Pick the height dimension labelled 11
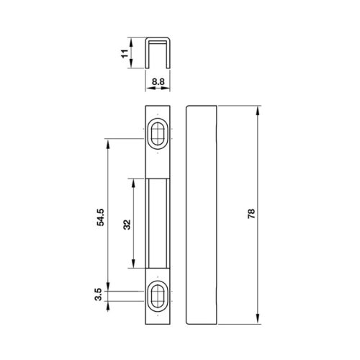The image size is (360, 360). tap(125, 53)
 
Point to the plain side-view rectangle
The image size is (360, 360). tap(202, 215)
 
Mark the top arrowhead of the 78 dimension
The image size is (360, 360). tap(256, 109)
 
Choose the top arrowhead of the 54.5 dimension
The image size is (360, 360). tap(108, 143)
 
